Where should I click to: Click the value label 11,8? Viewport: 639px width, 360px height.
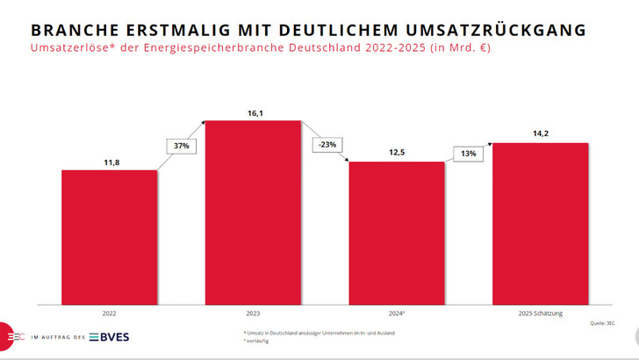(110, 162)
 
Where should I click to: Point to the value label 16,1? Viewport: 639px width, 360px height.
(254, 112)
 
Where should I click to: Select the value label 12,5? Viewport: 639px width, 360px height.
(397, 154)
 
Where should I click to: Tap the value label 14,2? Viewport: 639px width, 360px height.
(540, 134)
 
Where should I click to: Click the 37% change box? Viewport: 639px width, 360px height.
(181, 146)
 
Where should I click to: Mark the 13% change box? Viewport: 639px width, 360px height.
(469, 154)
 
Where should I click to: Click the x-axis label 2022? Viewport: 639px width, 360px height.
(110, 312)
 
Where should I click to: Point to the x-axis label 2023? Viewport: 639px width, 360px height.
(254, 312)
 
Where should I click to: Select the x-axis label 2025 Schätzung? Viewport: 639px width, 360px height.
(540, 312)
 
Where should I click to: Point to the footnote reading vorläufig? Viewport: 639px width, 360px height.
(258, 340)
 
